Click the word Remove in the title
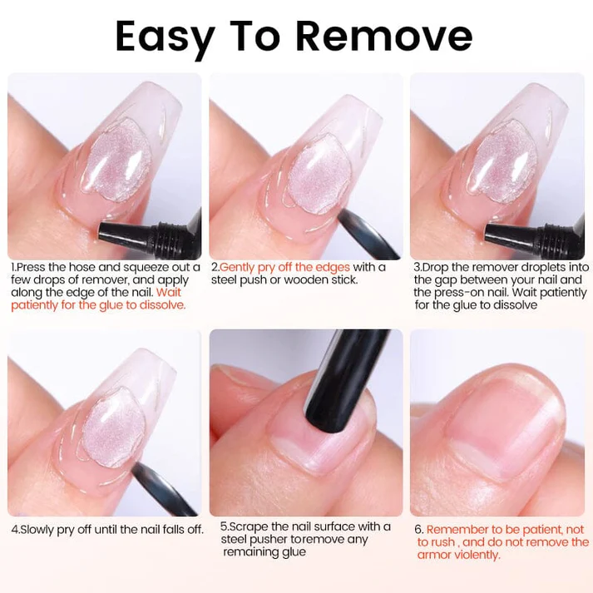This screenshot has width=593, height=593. point(383,37)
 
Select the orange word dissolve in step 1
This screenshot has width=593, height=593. point(163,305)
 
